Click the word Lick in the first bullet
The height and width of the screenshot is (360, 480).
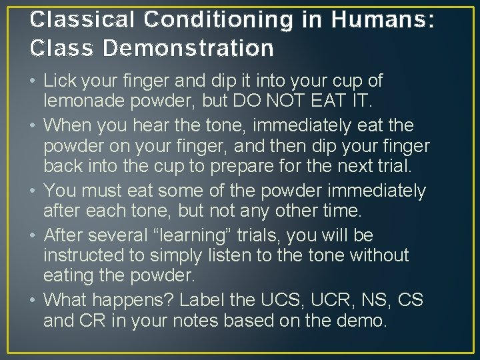pyautogui.click(x=59, y=81)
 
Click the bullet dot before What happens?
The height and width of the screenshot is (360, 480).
pyautogui.click(x=33, y=301)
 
